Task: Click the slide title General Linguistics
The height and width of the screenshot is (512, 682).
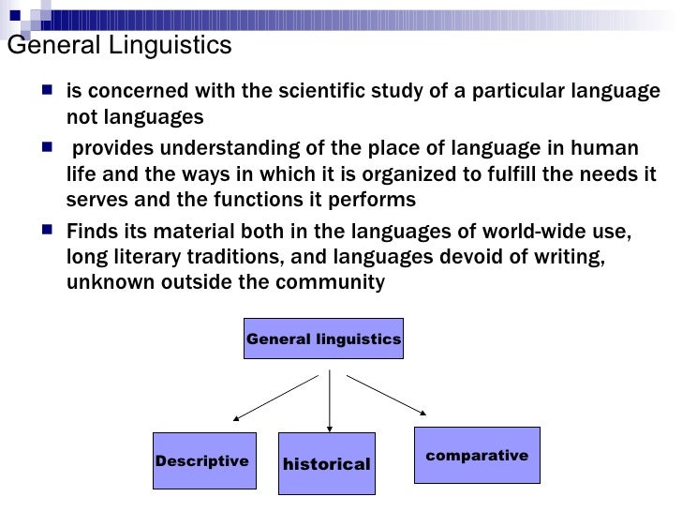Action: (119, 45)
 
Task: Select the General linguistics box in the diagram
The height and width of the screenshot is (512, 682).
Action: (323, 339)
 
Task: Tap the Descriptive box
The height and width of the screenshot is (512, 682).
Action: (204, 461)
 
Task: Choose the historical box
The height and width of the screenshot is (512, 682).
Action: (326, 464)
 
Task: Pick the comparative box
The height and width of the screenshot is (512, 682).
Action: (477, 456)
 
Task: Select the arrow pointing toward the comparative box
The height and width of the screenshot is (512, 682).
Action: (388, 395)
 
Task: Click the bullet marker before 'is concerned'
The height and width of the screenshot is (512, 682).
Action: (48, 90)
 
